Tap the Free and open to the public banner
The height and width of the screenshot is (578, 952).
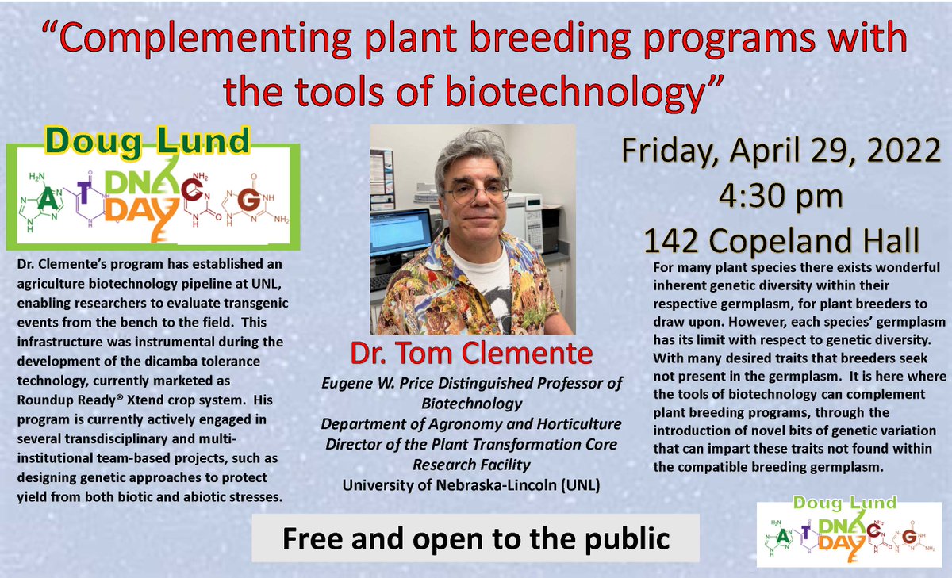[x=476, y=538]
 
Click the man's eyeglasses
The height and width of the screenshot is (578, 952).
[x=475, y=193]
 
